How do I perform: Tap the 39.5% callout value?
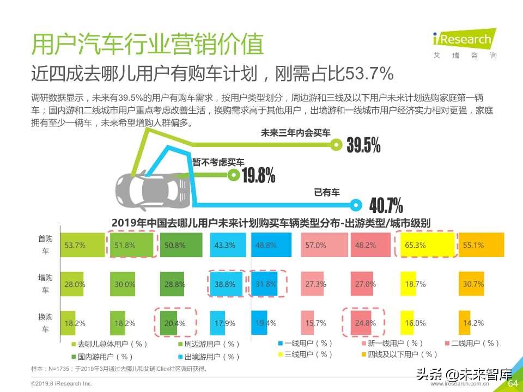tap(363, 145)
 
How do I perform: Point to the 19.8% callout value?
tap(258, 175)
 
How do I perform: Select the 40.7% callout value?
tap(386, 206)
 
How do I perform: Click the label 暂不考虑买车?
tap(218, 162)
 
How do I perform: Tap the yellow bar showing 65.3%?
tap(425, 245)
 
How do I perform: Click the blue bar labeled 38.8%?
tap(224, 284)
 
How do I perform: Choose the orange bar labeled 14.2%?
tap(465, 323)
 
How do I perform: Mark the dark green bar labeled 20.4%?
tap(171, 323)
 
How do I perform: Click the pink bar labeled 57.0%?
tap(324, 245)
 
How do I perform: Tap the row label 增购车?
tap(43, 284)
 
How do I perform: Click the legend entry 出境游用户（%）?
tap(209, 357)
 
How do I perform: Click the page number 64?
tap(512, 383)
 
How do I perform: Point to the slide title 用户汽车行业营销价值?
tap(148, 45)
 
